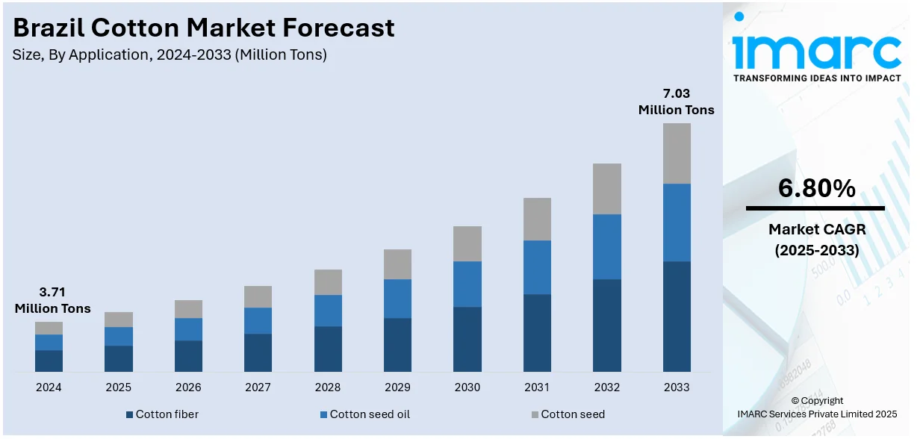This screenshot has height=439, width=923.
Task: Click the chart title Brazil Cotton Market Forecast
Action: (204, 28)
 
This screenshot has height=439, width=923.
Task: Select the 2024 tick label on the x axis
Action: (49, 387)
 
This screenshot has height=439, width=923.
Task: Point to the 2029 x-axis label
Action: (397, 387)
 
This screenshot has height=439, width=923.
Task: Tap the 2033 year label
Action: (677, 387)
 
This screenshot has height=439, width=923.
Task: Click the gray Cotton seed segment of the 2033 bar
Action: (677, 153)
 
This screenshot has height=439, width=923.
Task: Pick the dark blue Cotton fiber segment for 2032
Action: (607, 326)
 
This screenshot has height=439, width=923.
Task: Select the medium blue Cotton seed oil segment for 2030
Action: (467, 284)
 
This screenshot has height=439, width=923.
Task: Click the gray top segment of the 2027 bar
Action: (258, 296)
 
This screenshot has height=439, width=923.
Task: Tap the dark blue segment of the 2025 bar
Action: (118, 358)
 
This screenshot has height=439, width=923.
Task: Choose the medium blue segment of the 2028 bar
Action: (328, 311)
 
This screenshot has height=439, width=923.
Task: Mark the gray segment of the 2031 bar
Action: (537, 219)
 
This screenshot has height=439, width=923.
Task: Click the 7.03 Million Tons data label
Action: (676, 102)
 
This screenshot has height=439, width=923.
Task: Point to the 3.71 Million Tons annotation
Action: (52, 300)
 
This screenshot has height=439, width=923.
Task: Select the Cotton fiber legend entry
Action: (162, 414)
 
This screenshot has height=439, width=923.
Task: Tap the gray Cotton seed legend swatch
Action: (535, 414)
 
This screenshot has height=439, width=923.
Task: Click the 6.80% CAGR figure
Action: (816, 190)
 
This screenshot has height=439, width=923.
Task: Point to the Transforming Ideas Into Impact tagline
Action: (817, 78)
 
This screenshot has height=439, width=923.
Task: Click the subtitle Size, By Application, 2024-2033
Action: (170, 55)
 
